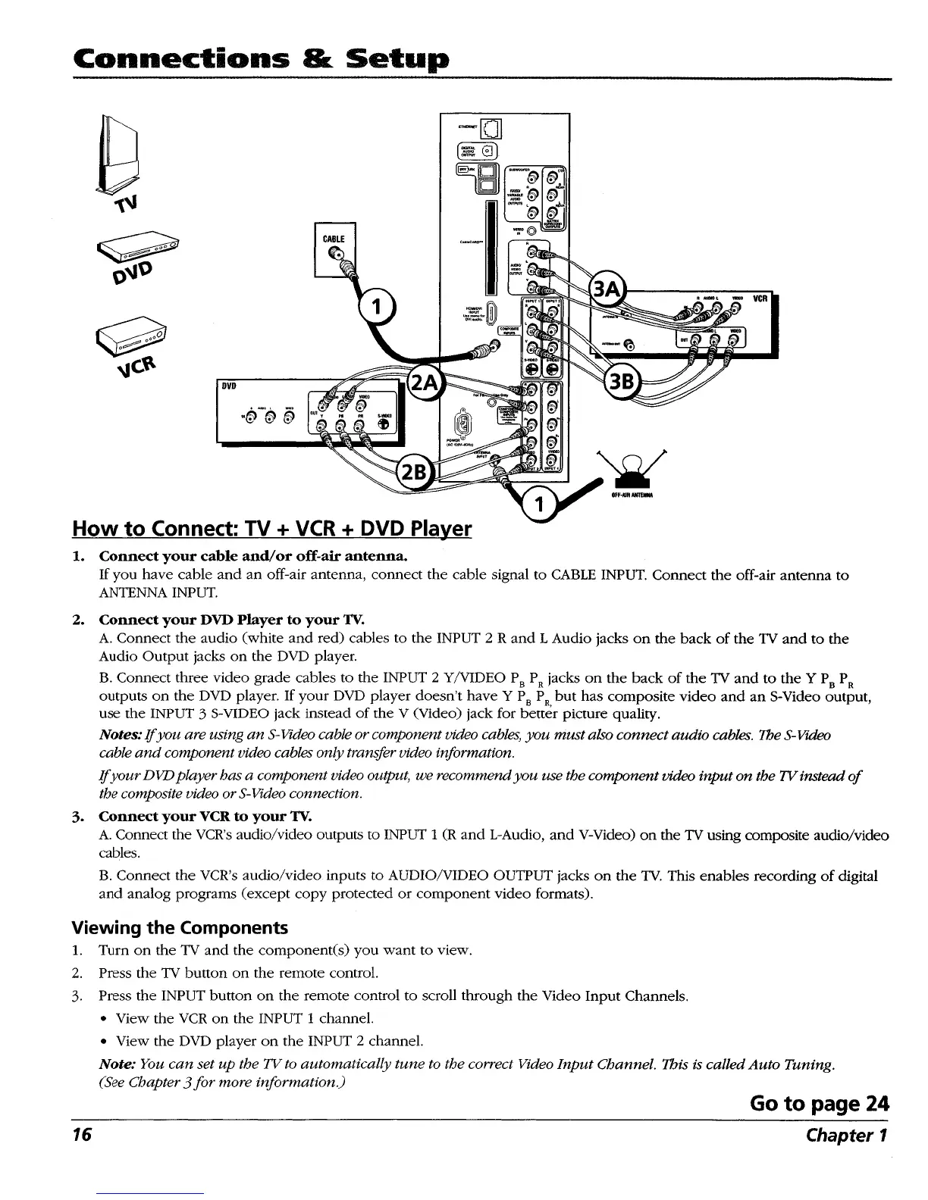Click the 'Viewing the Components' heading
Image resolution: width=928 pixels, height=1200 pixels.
180,928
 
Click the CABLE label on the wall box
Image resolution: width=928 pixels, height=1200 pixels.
334,239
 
